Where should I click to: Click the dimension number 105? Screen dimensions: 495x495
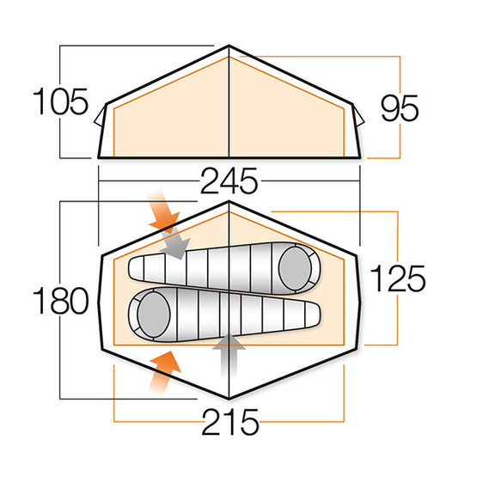point(60,101)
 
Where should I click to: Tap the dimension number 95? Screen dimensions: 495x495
point(400,108)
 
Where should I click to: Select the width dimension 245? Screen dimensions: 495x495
point(229,180)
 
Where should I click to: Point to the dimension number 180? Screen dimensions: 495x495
point(61,301)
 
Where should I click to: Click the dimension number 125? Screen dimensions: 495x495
point(398,278)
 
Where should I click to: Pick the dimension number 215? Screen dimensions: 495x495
point(230,422)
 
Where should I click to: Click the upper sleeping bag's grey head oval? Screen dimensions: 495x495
point(295,268)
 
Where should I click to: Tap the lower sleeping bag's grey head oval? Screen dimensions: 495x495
point(154,315)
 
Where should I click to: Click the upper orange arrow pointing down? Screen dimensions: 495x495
point(163,211)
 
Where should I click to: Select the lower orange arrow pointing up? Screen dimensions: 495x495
point(164,372)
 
